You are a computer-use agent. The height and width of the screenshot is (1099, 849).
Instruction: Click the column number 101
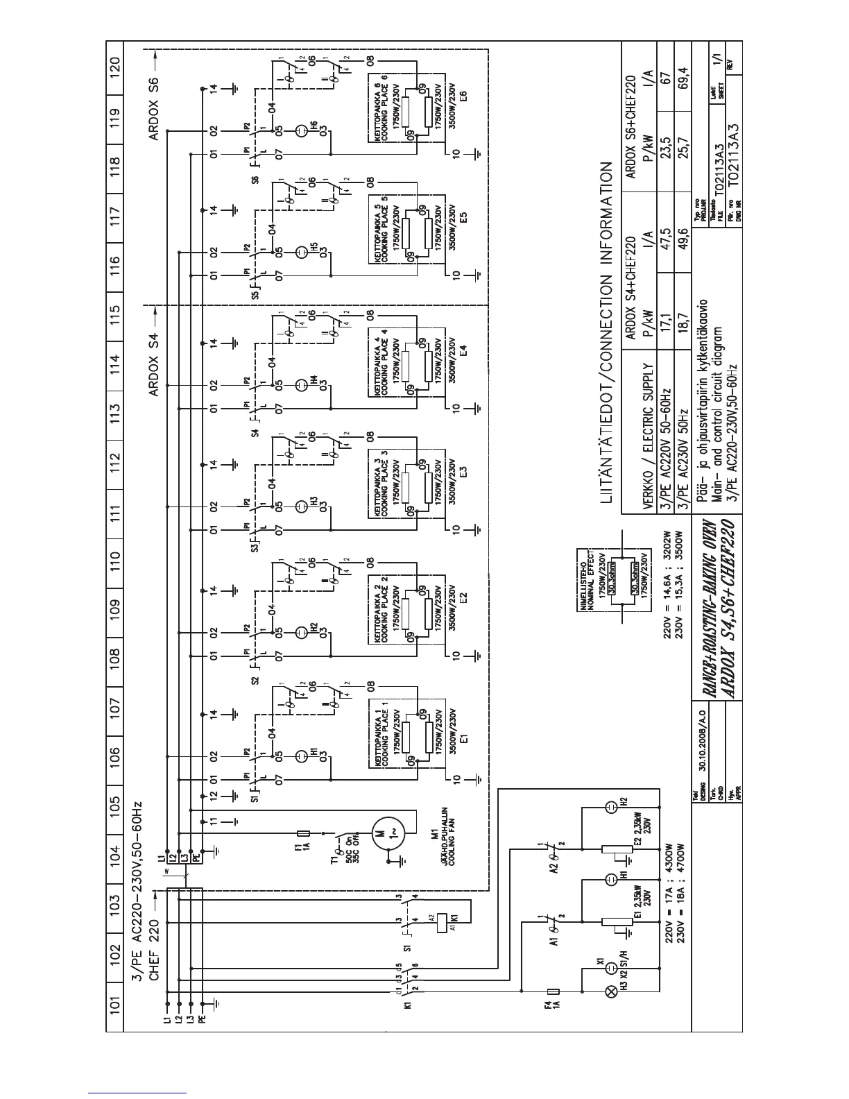coord(116,1003)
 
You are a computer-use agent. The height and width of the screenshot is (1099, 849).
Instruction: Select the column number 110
coord(116,556)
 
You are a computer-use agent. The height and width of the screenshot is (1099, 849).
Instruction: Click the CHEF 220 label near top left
coord(154,944)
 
